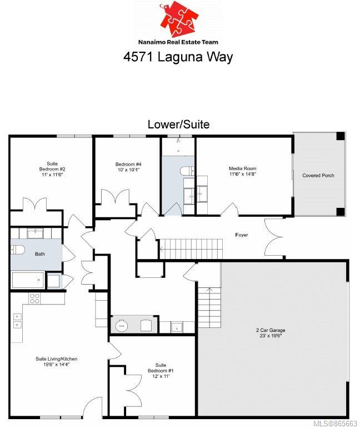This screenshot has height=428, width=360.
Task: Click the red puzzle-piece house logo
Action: point(179,19)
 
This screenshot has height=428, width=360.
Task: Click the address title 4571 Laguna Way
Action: point(178,57)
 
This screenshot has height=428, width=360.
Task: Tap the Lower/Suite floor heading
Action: point(179,125)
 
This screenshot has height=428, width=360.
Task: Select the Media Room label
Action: point(242,171)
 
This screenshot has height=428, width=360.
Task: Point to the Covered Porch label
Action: point(318,176)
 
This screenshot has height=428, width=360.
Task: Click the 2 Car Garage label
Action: point(271,333)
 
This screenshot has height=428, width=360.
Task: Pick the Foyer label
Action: point(242,235)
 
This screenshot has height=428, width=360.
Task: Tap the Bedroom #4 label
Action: point(128,167)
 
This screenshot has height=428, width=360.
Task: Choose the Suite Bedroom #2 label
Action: point(52,169)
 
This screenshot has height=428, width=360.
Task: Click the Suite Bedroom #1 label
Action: point(161,370)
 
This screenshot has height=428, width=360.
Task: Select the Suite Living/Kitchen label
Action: point(57,361)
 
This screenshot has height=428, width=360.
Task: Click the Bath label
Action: point(40,254)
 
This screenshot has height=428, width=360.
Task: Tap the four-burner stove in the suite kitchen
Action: point(34,298)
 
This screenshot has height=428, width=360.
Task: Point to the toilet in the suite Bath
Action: point(17,249)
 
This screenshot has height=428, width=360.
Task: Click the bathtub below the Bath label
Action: point(28,280)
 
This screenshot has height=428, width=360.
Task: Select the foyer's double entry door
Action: point(273,236)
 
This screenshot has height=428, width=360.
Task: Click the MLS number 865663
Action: point(335,424)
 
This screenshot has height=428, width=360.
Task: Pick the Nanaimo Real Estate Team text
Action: point(178,42)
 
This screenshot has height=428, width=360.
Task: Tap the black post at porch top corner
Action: point(341,136)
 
